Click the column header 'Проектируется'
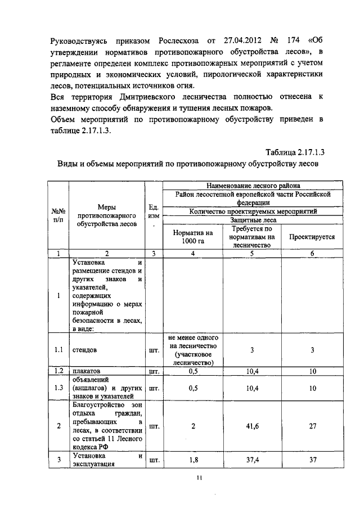(x=312, y=237)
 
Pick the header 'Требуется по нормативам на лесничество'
(x=251, y=237)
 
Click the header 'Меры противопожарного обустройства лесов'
(x=107, y=216)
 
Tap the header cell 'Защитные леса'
(x=251, y=220)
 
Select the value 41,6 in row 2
(x=251, y=426)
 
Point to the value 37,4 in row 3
(x=251, y=460)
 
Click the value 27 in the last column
(x=312, y=426)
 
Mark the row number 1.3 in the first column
(x=58, y=388)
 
